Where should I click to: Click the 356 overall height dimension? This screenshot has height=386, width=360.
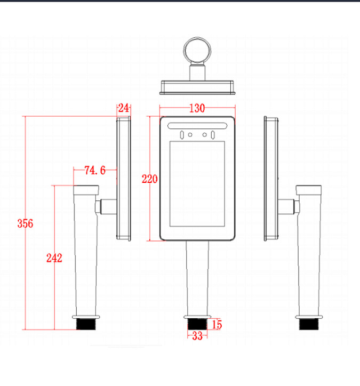click(x=25, y=223)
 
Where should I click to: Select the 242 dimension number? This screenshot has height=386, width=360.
click(x=54, y=258)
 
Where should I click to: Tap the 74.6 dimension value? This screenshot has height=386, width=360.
click(x=95, y=171)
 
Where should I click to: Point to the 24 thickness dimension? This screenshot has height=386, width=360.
click(x=124, y=108)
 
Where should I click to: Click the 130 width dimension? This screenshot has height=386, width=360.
click(x=197, y=108)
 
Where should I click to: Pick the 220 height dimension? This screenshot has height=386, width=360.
click(x=149, y=179)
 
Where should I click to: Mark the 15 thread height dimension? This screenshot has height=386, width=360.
click(x=217, y=325)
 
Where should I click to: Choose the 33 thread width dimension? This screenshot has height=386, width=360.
click(x=197, y=336)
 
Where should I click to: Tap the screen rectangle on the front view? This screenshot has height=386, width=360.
click(x=197, y=183)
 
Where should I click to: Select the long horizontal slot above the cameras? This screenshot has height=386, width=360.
click(x=197, y=125)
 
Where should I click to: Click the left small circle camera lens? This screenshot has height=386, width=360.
click(x=190, y=135)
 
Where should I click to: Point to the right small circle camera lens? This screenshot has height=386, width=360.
click(x=204, y=135)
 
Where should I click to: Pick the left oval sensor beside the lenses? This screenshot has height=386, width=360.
click(x=182, y=135)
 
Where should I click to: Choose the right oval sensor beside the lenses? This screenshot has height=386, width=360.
click(x=212, y=135)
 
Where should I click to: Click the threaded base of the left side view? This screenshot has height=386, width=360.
click(x=86, y=324)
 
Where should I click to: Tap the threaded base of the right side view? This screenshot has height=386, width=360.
click(x=309, y=324)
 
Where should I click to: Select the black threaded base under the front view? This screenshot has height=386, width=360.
click(x=197, y=324)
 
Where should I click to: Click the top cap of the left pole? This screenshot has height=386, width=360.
click(x=86, y=190)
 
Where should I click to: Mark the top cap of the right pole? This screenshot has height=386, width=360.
click(x=309, y=190)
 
